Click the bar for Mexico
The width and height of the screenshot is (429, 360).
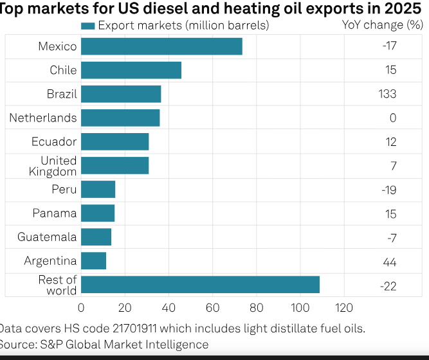[x=161, y=46]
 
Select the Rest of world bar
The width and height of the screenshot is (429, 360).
[x=200, y=285]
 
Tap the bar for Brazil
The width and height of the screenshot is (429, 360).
[x=121, y=94]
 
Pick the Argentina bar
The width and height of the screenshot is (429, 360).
[x=93, y=261]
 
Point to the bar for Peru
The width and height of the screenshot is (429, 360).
[x=98, y=189]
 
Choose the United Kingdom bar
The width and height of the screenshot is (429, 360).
[x=115, y=165]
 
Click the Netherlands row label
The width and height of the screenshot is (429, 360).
[x=43, y=118]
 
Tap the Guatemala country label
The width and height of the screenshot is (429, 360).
[x=47, y=237]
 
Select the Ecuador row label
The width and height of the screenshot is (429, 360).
[x=54, y=141]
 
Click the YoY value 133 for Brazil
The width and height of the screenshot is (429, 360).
[x=387, y=94]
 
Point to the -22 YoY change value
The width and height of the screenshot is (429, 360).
[x=388, y=287]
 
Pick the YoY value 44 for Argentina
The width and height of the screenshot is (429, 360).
[x=390, y=262]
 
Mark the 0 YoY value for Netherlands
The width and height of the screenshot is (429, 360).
[x=393, y=118]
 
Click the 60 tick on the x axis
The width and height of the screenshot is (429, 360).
[x=213, y=308]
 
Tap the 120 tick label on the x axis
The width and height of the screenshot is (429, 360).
[x=344, y=308]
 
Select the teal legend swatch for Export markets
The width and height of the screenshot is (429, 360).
[x=88, y=26]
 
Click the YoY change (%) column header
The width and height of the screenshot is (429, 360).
[x=383, y=25]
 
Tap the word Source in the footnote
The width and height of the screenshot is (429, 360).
[x=17, y=345]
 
